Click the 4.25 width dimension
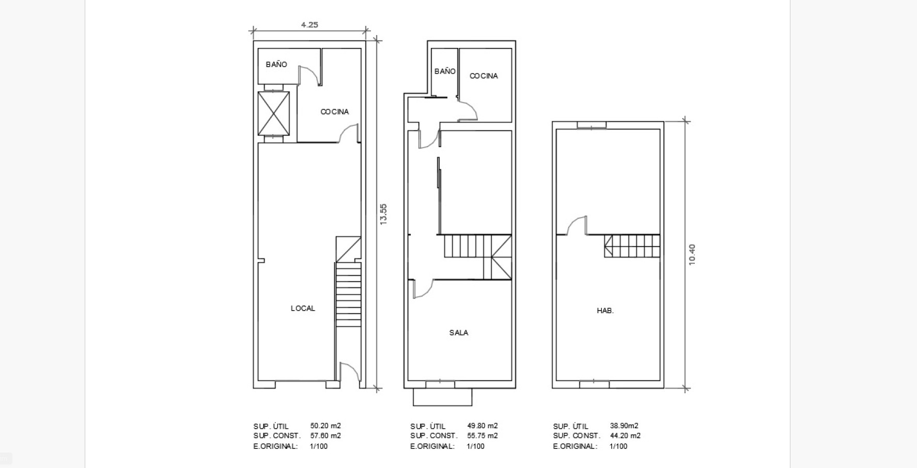(x=309, y=24)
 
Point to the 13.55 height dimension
(x=383, y=214)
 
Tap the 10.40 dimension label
(x=692, y=255)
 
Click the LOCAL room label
(x=303, y=308)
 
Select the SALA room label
(x=459, y=333)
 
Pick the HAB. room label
(x=605, y=311)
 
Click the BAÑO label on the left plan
(x=276, y=64)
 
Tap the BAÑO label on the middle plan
(x=445, y=71)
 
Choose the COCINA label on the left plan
(x=335, y=111)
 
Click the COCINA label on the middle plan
(x=484, y=76)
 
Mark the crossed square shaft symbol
(x=274, y=114)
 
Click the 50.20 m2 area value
(x=325, y=426)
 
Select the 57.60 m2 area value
(x=325, y=435)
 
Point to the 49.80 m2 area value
(x=483, y=426)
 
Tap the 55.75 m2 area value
(x=483, y=435)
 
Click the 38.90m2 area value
(x=624, y=426)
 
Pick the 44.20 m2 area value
(x=625, y=435)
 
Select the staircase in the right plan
(x=632, y=246)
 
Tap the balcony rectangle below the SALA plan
(x=442, y=397)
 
